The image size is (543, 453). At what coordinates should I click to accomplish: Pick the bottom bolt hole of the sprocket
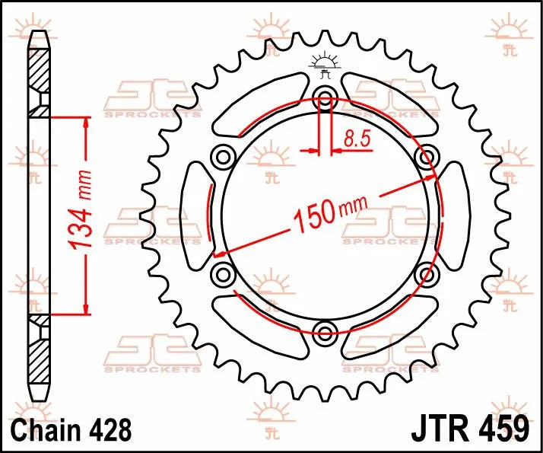tap(325, 331)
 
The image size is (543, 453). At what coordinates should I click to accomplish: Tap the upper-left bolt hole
tap(224, 156)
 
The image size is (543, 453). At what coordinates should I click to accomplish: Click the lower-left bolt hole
tap(224, 273)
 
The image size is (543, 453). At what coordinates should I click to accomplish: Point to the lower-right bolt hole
tap(427, 273)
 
